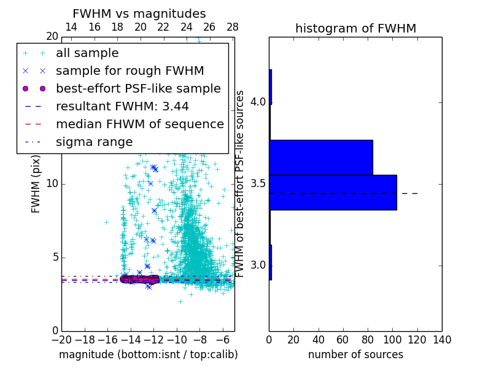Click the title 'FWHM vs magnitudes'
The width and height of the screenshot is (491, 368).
(x=139, y=14)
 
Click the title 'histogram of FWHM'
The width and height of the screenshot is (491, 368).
(x=355, y=29)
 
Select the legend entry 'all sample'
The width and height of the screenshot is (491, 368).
(x=87, y=53)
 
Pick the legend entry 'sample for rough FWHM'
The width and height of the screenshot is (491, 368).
(x=130, y=71)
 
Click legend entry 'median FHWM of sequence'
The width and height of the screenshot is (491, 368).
(x=139, y=124)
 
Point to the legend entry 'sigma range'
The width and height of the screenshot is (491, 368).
(x=94, y=142)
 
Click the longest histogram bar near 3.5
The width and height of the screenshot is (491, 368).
(x=333, y=193)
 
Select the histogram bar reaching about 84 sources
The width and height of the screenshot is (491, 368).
(x=321, y=157)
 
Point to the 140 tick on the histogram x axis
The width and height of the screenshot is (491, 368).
(x=441, y=340)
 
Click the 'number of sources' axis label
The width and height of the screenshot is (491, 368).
(x=355, y=355)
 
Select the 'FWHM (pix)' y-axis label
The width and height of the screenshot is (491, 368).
(x=36, y=183)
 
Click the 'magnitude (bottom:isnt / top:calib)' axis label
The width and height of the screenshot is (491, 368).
(x=148, y=355)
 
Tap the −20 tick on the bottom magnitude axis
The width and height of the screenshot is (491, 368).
(x=61, y=340)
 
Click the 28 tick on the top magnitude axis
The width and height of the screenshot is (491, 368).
(x=233, y=28)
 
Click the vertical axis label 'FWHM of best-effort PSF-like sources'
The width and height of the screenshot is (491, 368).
(x=241, y=183)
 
